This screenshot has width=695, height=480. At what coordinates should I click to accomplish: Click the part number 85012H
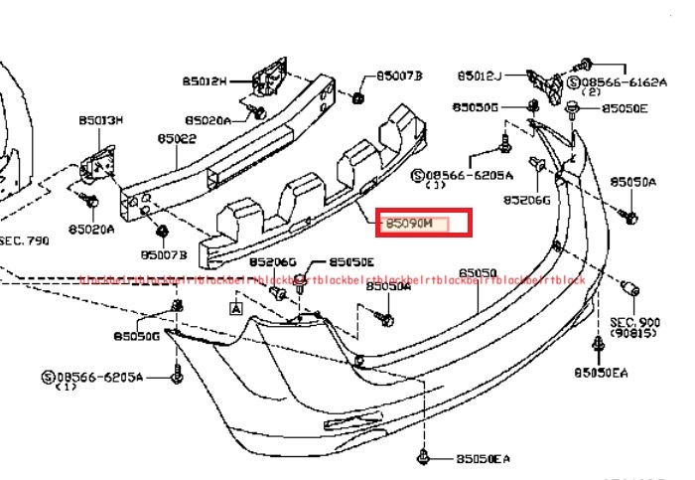tap(205, 80)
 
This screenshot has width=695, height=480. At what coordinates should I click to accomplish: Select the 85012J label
tap(480, 76)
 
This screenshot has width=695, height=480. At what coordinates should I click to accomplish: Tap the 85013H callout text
tap(101, 121)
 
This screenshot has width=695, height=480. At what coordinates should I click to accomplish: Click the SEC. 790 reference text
tap(24, 240)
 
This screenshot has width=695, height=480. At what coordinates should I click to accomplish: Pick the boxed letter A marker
tap(236, 309)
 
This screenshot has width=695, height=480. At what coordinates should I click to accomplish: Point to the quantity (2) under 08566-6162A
tap(592, 92)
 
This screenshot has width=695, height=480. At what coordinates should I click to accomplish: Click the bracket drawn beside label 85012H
tap(268, 75)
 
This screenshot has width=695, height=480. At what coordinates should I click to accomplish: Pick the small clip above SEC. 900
tap(627, 289)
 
